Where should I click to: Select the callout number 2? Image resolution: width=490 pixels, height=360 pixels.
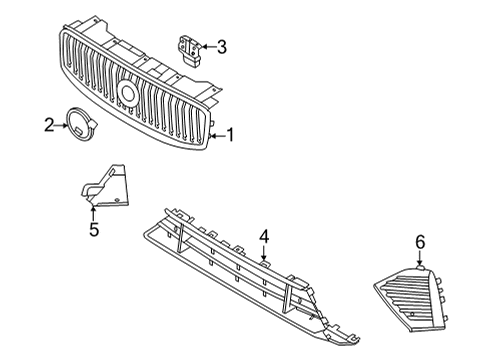[48, 126]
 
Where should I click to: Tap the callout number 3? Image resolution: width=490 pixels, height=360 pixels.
[221, 46]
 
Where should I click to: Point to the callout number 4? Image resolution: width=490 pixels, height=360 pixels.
[264, 236]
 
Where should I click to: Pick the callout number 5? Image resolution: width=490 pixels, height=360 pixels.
[93, 230]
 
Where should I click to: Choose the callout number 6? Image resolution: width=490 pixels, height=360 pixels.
[420, 241]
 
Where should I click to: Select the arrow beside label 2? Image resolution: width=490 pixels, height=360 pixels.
[61, 126]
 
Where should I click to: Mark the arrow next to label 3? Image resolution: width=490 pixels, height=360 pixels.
[207, 46]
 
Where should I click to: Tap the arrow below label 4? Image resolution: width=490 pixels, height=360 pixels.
[264, 253]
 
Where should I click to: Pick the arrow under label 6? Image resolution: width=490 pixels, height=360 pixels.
[420, 259]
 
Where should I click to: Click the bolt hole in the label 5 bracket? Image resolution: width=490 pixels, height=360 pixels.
[118, 202]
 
